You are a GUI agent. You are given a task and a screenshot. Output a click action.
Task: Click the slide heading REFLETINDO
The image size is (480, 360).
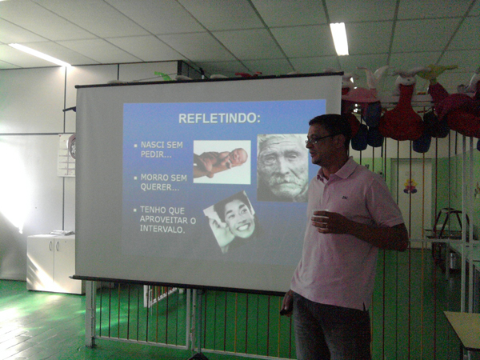(219, 118)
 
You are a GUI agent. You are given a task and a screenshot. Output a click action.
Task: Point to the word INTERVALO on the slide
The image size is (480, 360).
(162, 229)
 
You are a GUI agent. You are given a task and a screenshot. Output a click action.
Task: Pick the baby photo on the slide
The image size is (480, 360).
(222, 162)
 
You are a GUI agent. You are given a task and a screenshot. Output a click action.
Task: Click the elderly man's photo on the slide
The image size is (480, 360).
(282, 168)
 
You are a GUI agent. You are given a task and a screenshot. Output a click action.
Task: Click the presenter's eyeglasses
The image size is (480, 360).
(319, 139)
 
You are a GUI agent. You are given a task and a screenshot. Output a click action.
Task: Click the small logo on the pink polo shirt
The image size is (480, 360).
(345, 198)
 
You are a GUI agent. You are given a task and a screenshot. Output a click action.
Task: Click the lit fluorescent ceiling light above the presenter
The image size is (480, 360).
(339, 39)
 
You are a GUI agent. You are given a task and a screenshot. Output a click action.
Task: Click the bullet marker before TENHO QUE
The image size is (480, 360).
(135, 210)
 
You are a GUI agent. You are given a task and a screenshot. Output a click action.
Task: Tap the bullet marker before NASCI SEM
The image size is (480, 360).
(136, 146)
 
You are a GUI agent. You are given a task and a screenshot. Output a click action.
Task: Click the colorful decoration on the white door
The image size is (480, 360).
(410, 186)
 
